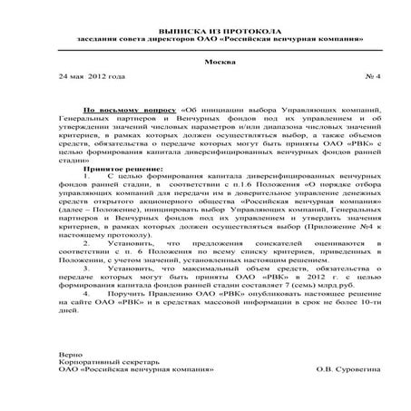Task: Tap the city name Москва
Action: point(206,61)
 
